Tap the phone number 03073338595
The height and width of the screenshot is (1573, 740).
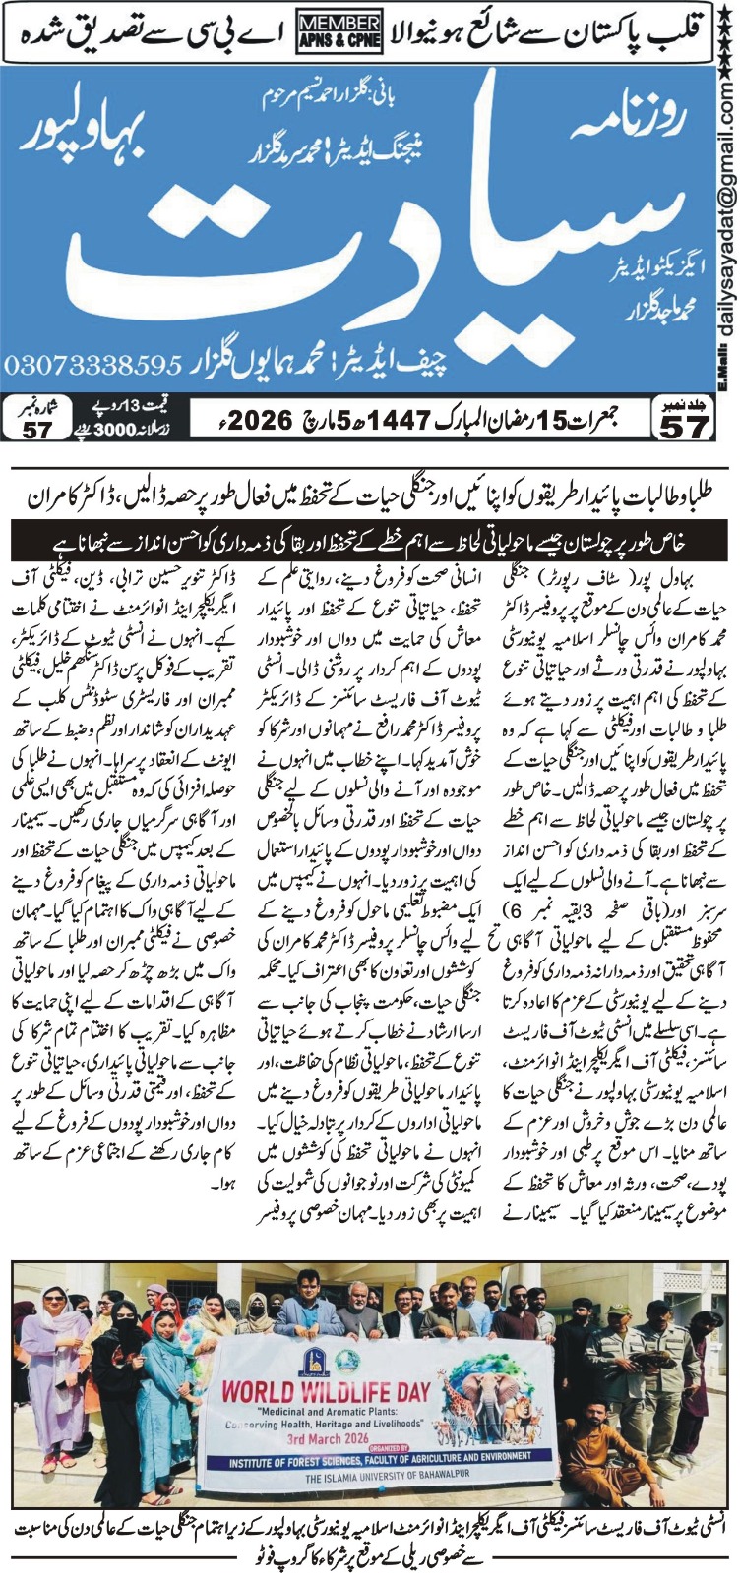92,365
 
